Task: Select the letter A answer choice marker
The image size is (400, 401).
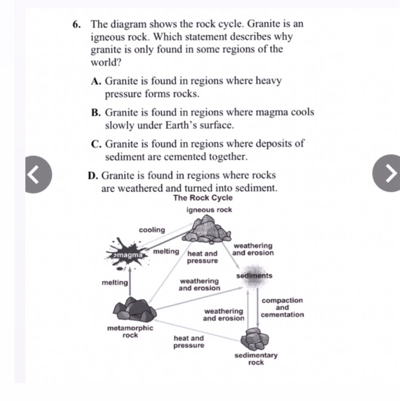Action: point(96,81)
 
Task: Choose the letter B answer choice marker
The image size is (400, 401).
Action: point(96,113)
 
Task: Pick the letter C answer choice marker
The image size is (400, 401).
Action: point(96,144)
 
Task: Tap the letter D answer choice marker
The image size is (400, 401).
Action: point(92,175)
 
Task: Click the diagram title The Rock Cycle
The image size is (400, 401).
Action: point(203,198)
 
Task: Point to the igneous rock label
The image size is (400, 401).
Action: point(209,210)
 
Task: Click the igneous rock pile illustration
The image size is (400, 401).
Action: point(207,230)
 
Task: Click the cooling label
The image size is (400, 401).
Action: point(152,230)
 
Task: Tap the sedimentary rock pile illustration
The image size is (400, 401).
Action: point(255,338)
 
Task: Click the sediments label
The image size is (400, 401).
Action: point(254,276)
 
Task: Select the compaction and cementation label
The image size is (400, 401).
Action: point(282,307)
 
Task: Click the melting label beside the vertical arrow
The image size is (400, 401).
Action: point(115,283)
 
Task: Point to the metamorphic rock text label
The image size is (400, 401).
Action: point(130,331)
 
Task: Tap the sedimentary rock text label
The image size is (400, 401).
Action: point(256,359)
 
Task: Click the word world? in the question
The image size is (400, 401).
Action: point(106,62)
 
